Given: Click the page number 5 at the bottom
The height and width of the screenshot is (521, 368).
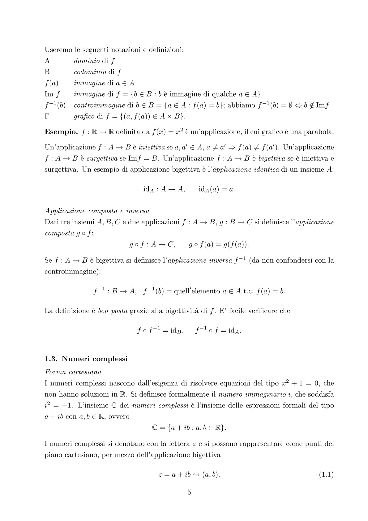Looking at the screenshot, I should click(189, 492).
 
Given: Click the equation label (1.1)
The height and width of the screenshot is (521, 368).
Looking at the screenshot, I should click(326, 475).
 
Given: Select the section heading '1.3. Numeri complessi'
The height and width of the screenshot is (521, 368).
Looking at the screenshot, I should click(86, 359).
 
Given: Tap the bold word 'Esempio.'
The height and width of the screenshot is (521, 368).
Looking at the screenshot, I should click(61, 132).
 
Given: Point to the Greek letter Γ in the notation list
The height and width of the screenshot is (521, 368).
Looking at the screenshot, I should click(47, 117).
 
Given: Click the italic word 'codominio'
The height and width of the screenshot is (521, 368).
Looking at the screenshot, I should click(90, 72).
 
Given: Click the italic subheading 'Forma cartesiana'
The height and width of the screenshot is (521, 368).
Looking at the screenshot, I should click(73, 372).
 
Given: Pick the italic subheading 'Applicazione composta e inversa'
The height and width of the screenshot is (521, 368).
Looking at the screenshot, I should click(97, 211).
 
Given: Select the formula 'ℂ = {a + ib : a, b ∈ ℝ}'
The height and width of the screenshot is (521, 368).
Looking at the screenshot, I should click(189, 428).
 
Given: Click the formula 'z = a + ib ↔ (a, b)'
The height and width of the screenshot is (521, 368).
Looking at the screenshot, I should click(189, 475).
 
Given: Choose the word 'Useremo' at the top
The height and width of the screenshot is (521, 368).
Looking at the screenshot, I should click(58, 50).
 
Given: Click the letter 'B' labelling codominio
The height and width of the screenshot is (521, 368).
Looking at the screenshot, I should click(47, 72).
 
